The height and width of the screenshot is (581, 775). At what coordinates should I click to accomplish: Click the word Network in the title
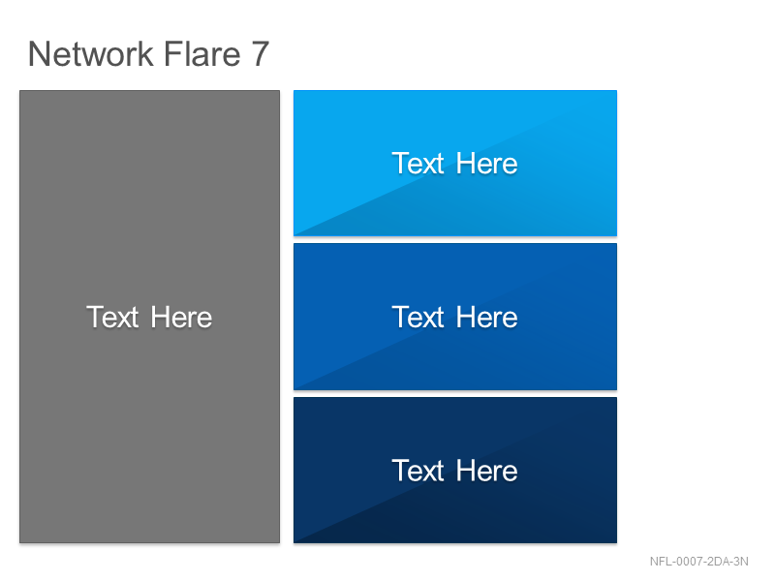click(91, 54)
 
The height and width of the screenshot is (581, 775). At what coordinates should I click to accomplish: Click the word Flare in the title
click(202, 53)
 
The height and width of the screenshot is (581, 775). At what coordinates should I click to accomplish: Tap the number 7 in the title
click(261, 54)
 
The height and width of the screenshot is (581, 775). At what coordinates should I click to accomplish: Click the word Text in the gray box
click(112, 317)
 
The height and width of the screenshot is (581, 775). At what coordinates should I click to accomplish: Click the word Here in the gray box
click(181, 317)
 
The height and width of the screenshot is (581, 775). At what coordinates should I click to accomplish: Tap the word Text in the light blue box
click(418, 163)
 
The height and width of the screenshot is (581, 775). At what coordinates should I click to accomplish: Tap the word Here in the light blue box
click(487, 163)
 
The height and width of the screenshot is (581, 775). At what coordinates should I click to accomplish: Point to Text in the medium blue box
click(418, 317)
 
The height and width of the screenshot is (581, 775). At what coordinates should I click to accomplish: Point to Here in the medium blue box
click(487, 317)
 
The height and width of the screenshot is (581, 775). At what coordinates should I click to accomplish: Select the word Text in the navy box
click(418, 471)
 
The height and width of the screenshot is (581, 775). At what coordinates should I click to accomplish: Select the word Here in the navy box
click(487, 471)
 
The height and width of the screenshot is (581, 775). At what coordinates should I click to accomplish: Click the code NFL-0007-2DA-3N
click(698, 562)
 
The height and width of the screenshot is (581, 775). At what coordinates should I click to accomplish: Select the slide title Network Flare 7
click(149, 54)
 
